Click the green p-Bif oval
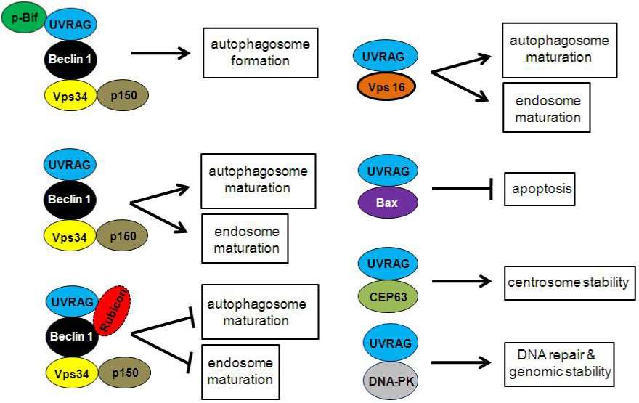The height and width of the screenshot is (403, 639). point(23,16)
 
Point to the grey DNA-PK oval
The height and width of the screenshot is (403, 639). point(388,381)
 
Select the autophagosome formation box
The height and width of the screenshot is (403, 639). point(261,53)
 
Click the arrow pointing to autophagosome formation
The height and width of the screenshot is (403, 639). point(160,53)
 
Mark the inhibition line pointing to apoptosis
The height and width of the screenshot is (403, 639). point(465,190)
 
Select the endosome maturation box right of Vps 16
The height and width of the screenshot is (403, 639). point(546,107)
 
